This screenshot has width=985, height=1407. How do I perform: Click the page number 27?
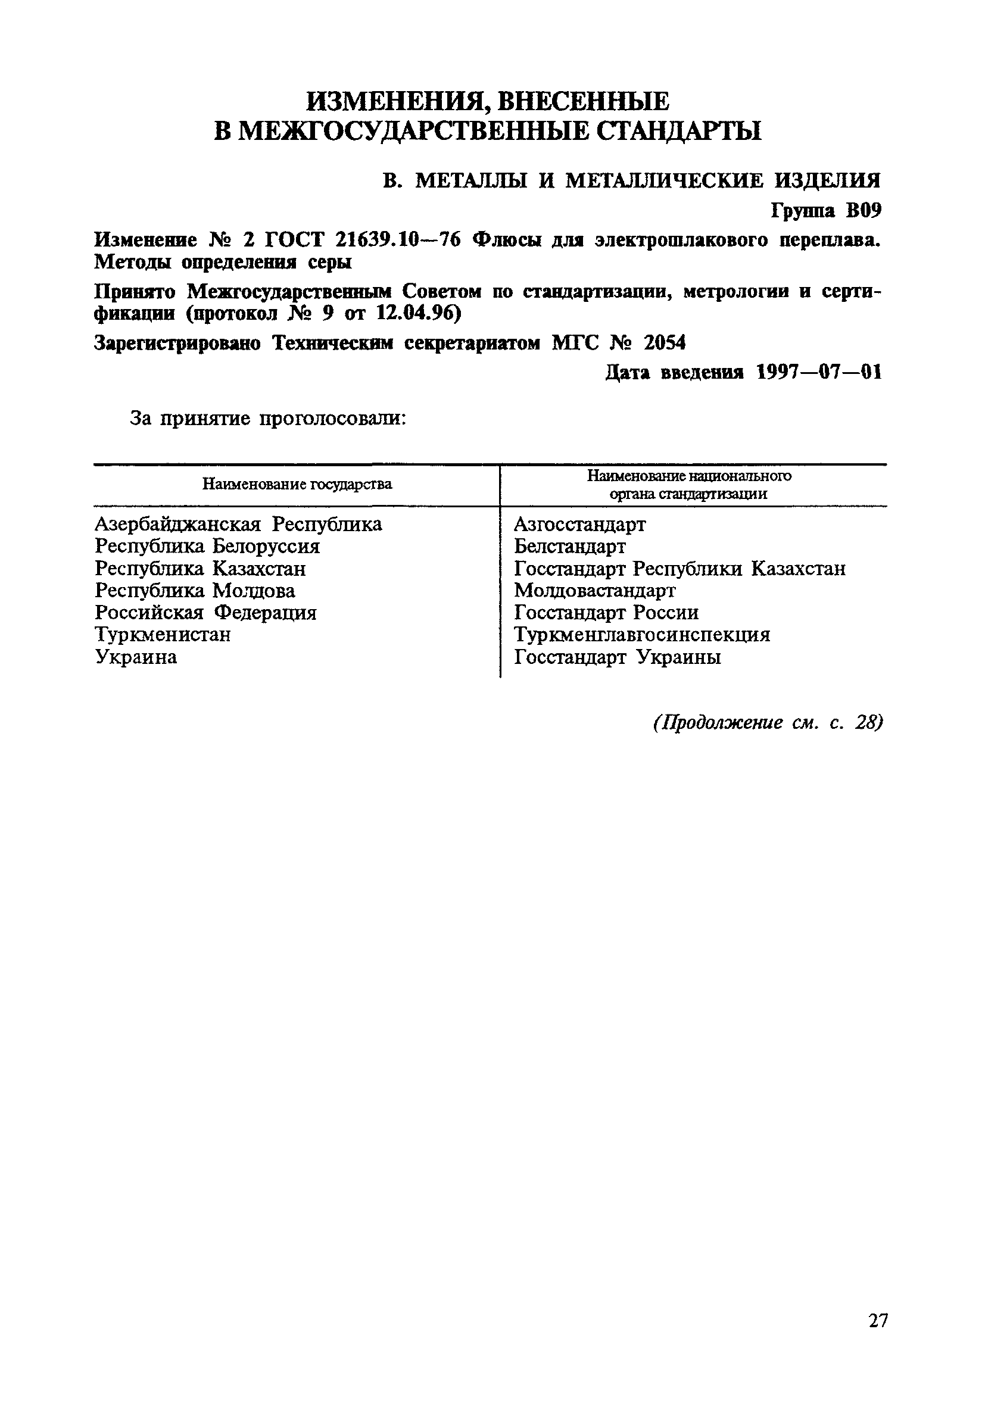(x=878, y=1338)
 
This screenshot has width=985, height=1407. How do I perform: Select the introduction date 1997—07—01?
(x=819, y=372)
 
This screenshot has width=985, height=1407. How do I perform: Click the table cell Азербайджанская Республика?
(x=238, y=525)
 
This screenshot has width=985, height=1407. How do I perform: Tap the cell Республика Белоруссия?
(x=207, y=546)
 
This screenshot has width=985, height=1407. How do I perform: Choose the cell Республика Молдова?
(x=195, y=591)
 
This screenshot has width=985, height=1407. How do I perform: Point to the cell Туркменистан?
(x=163, y=634)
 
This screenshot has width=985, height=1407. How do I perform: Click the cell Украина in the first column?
(x=136, y=657)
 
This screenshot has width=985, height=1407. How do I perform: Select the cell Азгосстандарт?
(x=579, y=525)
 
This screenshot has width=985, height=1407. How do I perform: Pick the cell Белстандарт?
(x=569, y=546)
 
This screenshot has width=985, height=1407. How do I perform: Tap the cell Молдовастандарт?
(x=594, y=591)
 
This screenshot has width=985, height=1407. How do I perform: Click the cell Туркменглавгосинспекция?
(x=642, y=634)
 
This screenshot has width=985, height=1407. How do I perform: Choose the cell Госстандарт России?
(x=606, y=612)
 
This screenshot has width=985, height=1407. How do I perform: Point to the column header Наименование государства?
(x=297, y=485)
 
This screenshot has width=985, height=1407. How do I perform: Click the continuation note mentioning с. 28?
(x=768, y=723)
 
